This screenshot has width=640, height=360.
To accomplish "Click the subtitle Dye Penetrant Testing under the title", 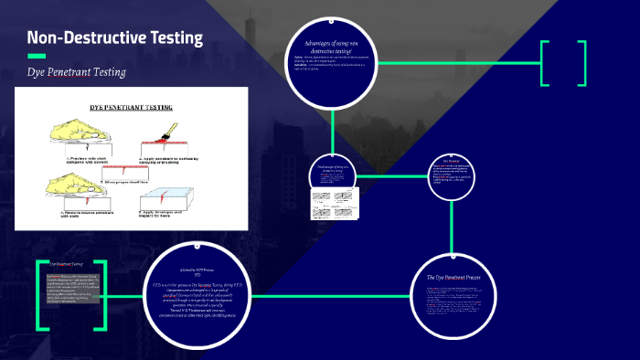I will (76, 71).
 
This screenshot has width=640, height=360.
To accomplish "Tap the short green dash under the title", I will (36, 56).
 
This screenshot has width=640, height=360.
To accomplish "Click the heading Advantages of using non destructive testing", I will (331, 48).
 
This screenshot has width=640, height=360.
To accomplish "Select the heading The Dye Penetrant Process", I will (453, 277).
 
